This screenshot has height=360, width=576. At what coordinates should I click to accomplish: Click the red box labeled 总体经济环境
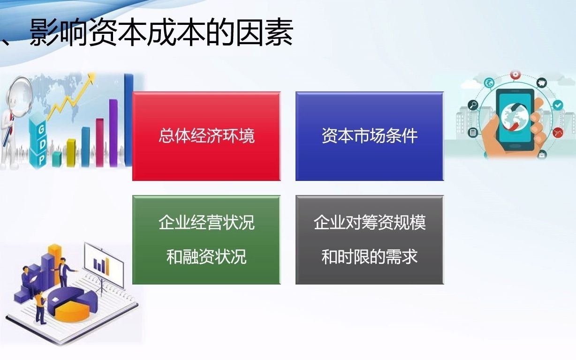click(x=206, y=136)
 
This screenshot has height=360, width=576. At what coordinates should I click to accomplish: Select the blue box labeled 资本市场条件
click(x=369, y=136)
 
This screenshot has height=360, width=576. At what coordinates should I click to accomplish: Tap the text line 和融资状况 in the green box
click(x=206, y=257)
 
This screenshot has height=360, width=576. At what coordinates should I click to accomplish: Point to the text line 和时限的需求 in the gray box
click(x=369, y=257)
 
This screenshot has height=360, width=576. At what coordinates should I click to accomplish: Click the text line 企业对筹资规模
click(x=369, y=222)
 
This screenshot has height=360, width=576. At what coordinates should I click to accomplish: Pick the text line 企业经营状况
click(x=206, y=222)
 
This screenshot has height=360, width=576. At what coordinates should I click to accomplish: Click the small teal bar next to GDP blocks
click(x=57, y=159)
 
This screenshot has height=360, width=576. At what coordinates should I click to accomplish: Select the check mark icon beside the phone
click(x=557, y=105)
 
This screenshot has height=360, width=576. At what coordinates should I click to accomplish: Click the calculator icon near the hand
click(x=472, y=133)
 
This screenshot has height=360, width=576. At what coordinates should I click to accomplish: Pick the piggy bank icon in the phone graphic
click(x=542, y=83)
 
